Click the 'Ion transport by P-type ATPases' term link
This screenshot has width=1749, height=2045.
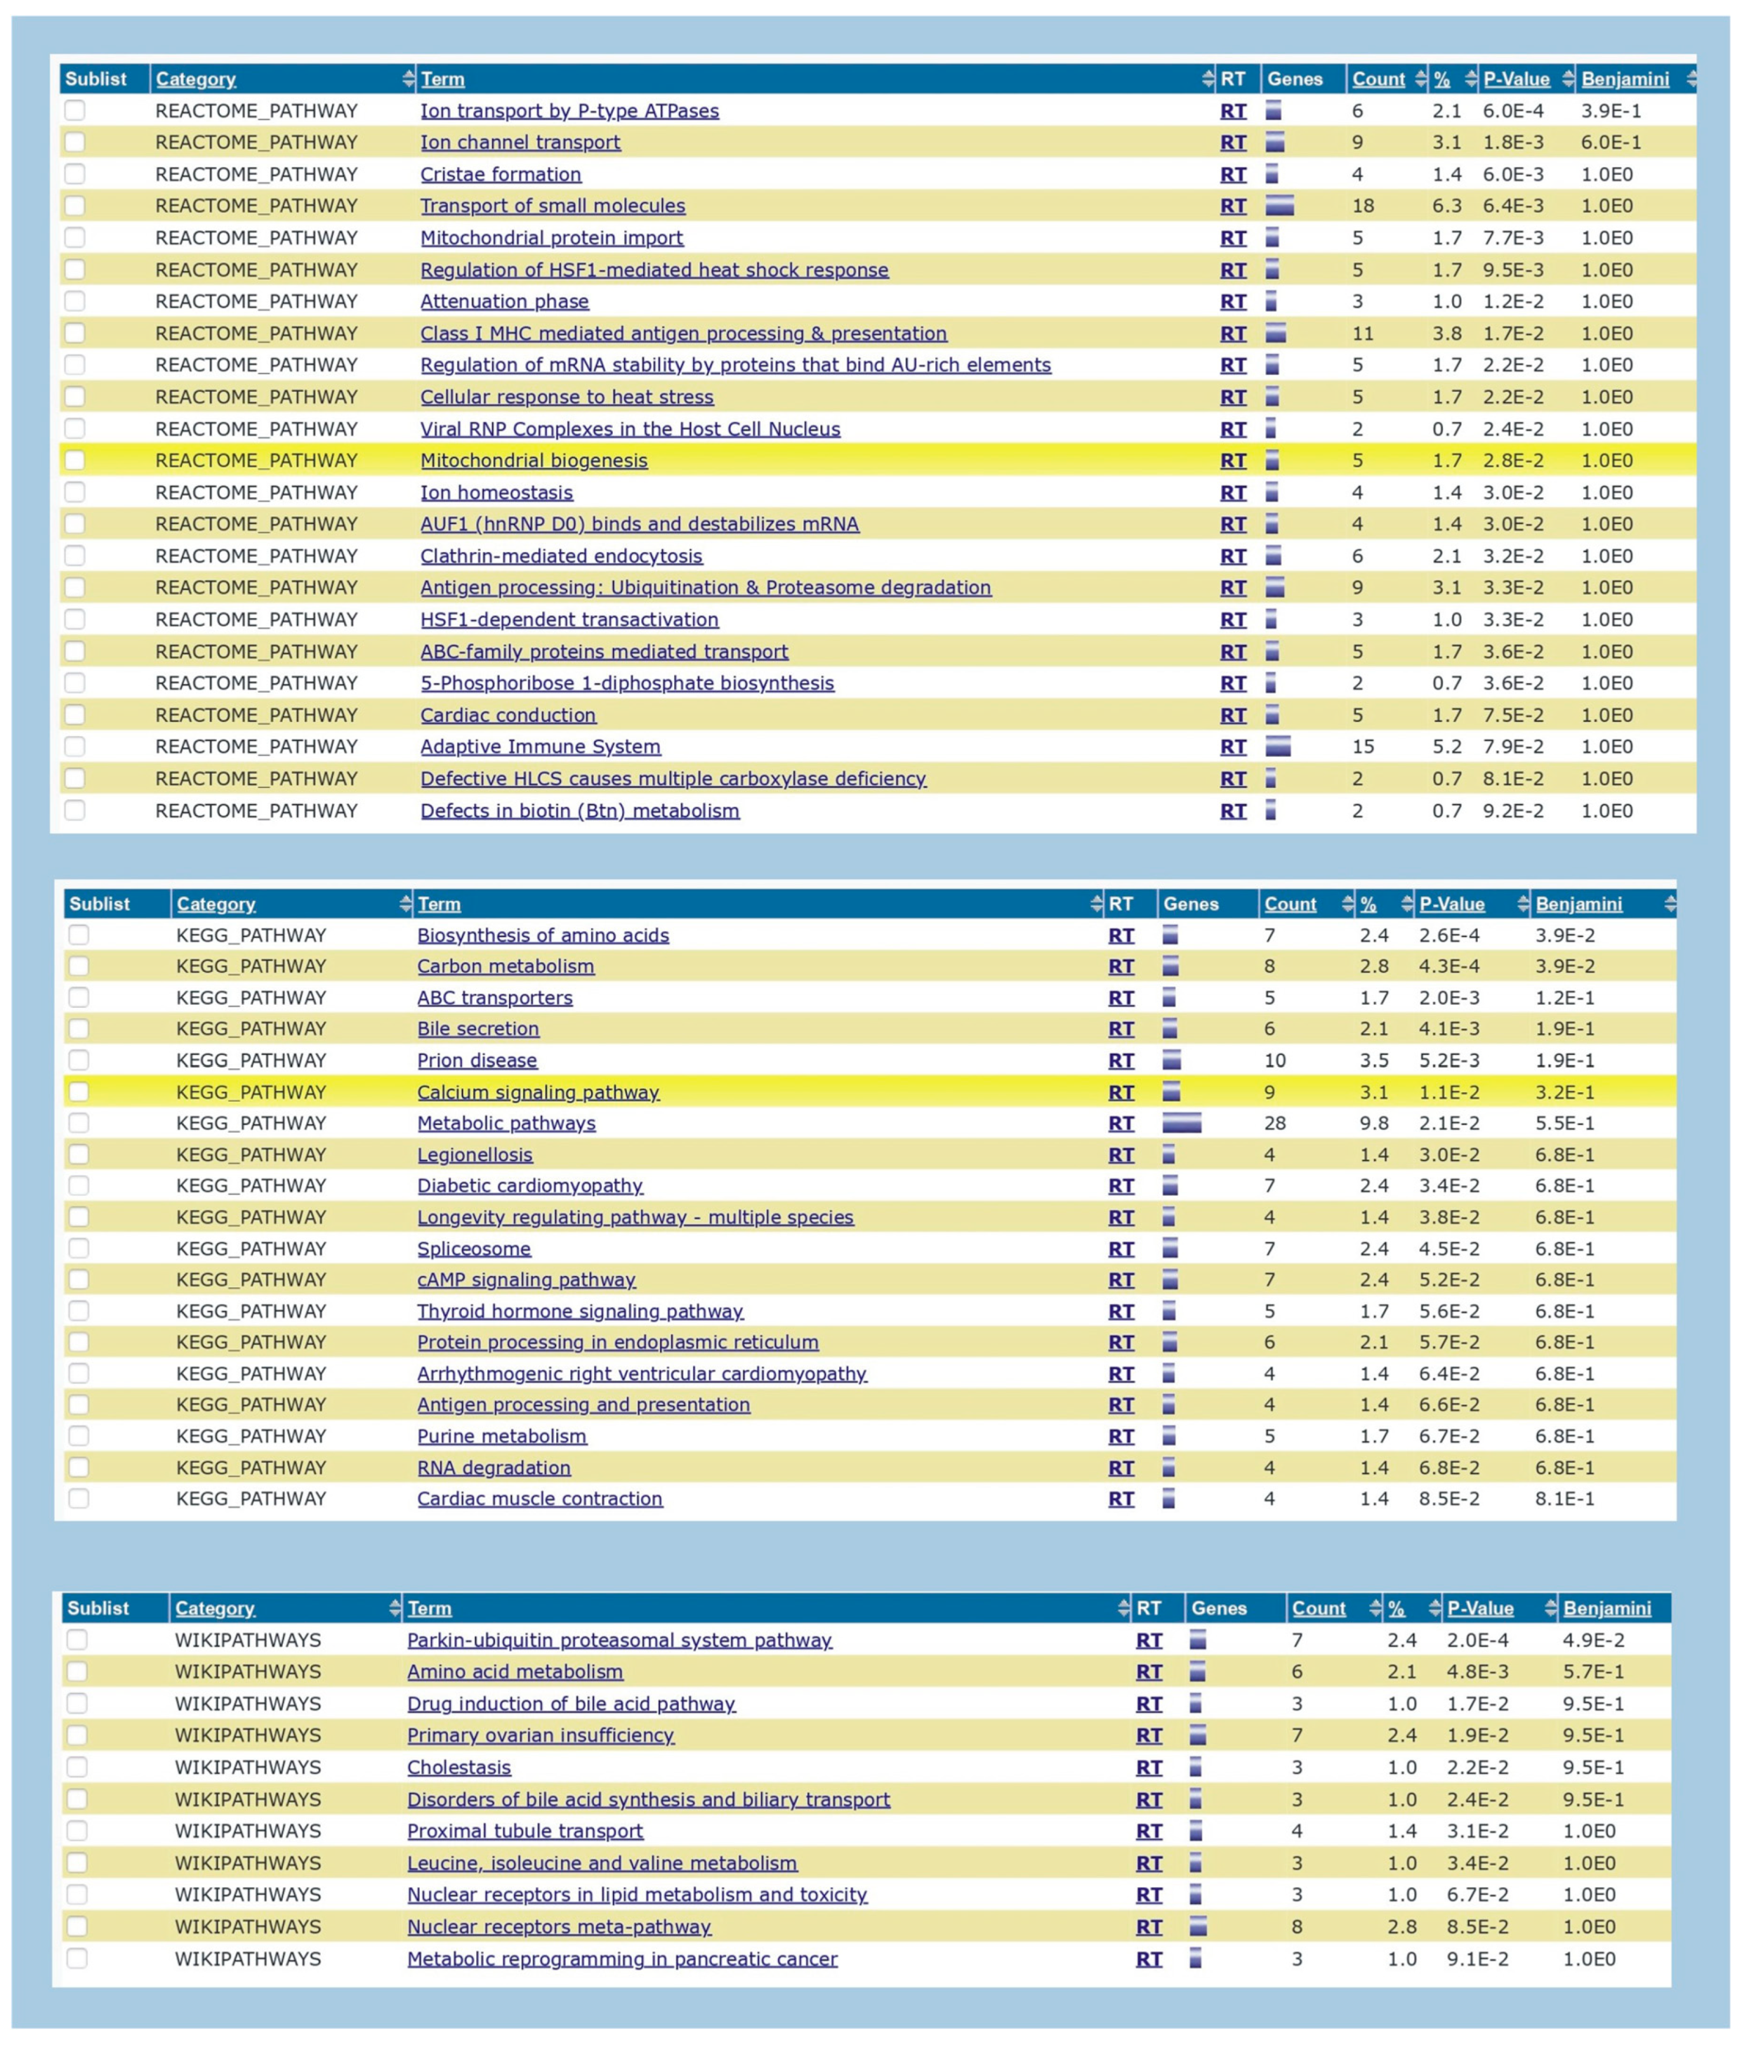tap(569, 111)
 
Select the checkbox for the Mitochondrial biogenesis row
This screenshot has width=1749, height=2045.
tap(75, 460)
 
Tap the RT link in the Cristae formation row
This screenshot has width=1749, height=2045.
tap(1233, 174)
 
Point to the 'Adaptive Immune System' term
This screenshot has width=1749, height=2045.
tap(540, 747)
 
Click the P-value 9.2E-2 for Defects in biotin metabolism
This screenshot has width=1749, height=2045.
tap(1512, 812)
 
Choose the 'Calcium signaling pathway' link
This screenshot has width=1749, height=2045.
tap(538, 1093)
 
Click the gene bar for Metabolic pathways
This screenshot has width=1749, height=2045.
tap(1182, 1123)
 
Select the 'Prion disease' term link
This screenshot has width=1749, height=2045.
tap(477, 1061)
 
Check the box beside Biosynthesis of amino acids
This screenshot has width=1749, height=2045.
tap(79, 935)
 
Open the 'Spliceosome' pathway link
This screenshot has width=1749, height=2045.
tap(474, 1249)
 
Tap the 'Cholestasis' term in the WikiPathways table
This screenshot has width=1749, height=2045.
tap(459, 1767)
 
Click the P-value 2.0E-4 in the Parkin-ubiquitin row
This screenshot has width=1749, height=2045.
tap(1477, 1640)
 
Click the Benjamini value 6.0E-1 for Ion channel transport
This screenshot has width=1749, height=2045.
tap(1611, 142)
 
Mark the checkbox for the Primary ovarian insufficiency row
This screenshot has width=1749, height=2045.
tap(77, 1735)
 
